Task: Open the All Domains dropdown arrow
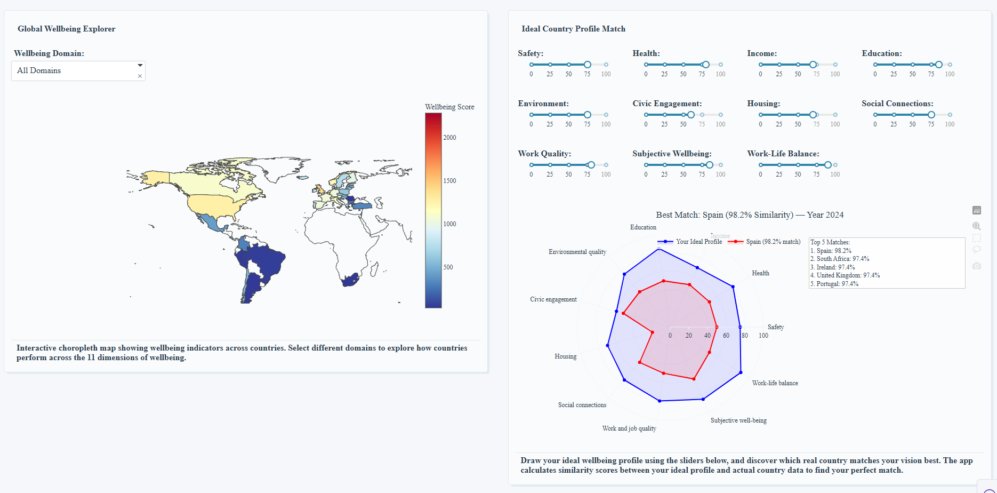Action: [x=140, y=65]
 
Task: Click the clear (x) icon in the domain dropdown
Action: [x=140, y=76]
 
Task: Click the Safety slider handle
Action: [x=587, y=65]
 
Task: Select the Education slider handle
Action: [x=938, y=65]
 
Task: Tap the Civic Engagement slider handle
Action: [x=690, y=115]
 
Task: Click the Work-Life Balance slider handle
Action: [x=827, y=165]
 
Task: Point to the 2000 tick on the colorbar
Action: [x=449, y=138]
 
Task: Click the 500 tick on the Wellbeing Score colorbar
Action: [x=448, y=267]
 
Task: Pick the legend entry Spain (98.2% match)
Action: [x=773, y=242]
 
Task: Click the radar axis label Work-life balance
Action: [x=775, y=383]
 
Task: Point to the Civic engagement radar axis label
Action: [x=553, y=299]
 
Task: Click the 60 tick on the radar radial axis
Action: [x=726, y=336]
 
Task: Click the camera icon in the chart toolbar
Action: [x=976, y=266]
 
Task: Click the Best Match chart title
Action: [x=749, y=215]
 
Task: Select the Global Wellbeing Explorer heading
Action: [x=66, y=29]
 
